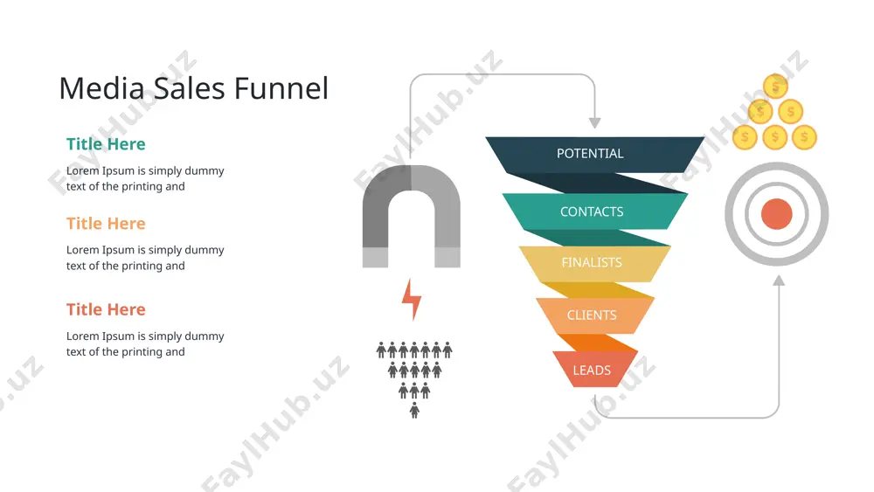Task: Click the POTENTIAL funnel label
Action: point(590,153)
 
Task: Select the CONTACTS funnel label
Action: point(592,211)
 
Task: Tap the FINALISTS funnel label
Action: point(592,262)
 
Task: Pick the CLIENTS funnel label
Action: point(592,315)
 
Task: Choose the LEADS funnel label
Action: point(592,370)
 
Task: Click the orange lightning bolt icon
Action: point(412,300)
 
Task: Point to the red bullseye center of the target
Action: point(776,214)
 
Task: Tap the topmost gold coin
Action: point(775,87)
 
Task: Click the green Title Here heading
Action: point(106,144)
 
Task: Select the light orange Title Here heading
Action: point(106,224)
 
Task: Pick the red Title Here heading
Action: point(106,309)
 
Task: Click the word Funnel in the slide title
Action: point(281,88)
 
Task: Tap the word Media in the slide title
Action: point(102,88)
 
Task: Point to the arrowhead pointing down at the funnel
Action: point(594,122)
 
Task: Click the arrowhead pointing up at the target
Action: point(779,281)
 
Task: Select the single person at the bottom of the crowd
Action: point(414,411)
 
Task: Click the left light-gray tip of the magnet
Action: point(375,258)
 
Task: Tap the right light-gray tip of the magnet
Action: point(447,258)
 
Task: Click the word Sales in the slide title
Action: point(190,88)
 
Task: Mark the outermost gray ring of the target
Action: point(776,166)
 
